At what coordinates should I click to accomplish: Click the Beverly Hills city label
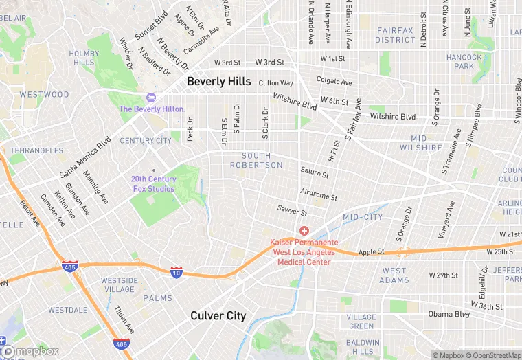[x=219, y=81]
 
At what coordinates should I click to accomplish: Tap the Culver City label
[x=218, y=316]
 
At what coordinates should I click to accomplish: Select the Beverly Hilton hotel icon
[x=150, y=98]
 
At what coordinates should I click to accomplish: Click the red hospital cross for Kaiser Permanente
[x=304, y=232]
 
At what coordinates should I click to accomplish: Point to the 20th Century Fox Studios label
[x=154, y=184]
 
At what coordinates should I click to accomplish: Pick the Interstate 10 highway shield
[x=177, y=271]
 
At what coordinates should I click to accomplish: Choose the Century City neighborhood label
[x=146, y=141]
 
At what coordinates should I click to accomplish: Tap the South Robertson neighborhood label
[x=256, y=161]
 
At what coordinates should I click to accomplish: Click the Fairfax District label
[x=395, y=35]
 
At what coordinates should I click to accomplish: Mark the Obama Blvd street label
[x=449, y=314]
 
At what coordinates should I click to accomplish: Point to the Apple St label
[x=371, y=252]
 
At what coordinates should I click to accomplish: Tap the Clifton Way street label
[x=275, y=83]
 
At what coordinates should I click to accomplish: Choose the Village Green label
[x=361, y=322]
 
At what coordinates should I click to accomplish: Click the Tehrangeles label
[x=36, y=150]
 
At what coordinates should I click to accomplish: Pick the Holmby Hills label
[x=84, y=58]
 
